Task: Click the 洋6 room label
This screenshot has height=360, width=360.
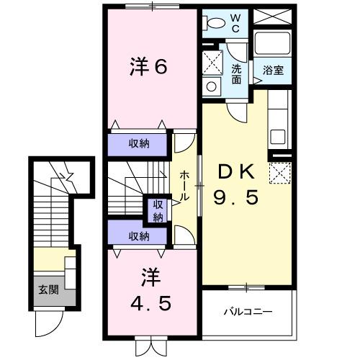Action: click(149, 67)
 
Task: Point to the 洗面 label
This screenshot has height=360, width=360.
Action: click(236, 74)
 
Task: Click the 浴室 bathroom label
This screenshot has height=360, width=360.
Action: click(272, 71)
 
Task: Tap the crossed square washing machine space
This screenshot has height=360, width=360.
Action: click(212, 62)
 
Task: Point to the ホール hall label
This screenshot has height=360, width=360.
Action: click(186, 185)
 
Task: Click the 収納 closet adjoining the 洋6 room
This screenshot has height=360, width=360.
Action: click(140, 144)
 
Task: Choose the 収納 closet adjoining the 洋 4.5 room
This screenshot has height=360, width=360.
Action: click(140, 235)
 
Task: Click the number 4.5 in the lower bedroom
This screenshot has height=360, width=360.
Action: click(150, 302)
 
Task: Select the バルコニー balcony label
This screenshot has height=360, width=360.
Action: click(247, 312)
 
